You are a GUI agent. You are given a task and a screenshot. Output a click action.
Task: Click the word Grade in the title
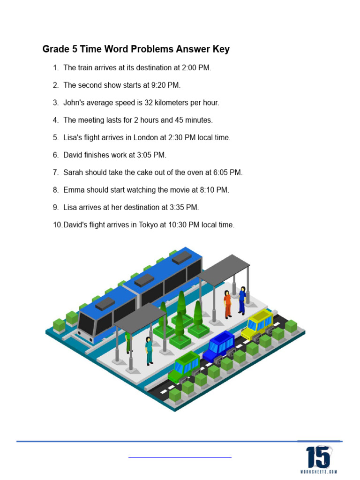(55, 49)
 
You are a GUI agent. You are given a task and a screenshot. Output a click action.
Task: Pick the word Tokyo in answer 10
(148, 225)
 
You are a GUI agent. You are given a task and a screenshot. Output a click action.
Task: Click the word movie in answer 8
(175, 190)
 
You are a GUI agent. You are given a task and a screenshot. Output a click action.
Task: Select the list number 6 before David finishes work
(55, 155)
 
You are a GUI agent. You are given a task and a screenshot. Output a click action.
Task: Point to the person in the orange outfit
(227, 305)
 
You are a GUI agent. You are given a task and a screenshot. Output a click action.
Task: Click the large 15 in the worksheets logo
(318, 457)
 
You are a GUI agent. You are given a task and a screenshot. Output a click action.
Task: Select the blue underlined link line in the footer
(180, 457)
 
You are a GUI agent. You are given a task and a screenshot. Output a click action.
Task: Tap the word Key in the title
(221, 49)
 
